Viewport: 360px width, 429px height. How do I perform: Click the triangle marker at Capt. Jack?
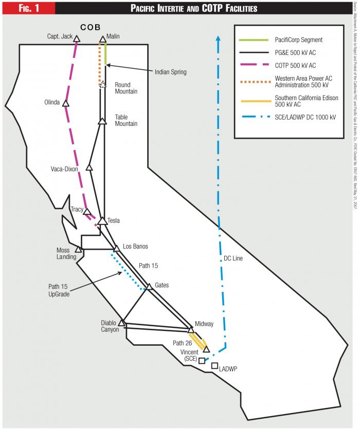pyautogui.click(x=76, y=39)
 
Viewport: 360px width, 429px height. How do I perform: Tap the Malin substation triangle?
pyautogui.click(x=102, y=39)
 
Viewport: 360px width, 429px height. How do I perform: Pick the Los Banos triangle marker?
pyautogui.click(x=116, y=249)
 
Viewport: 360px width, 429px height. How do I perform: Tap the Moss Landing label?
pyautogui.click(x=66, y=253)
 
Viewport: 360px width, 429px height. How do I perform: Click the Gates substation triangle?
pyautogui.click(x=149, y=286)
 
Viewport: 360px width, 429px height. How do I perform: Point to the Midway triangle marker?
pyautogui.click(x=190, y=330)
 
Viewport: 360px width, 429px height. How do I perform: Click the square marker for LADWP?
pyautogui.click(x=214, y=365)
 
